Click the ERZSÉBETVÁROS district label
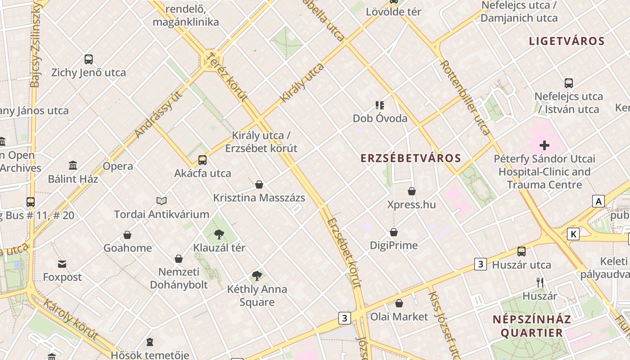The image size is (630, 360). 411,158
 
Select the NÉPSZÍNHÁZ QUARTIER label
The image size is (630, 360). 531,326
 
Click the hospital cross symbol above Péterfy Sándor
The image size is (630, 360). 544,145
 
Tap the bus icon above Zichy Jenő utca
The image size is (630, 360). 89,59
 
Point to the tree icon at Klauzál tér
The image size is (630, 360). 219,234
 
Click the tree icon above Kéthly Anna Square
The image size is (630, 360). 257,275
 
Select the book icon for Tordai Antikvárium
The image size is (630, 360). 162,201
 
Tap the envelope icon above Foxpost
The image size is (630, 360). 62,264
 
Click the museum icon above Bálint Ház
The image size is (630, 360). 73,165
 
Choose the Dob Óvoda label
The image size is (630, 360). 380,118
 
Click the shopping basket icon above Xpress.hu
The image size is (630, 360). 411,191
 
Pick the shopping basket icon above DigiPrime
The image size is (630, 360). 394,232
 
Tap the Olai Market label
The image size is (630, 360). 399,317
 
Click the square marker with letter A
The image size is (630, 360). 598,201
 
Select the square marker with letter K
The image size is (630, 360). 573,234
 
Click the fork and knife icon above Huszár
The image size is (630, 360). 540,283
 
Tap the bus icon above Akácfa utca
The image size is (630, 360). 202,160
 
